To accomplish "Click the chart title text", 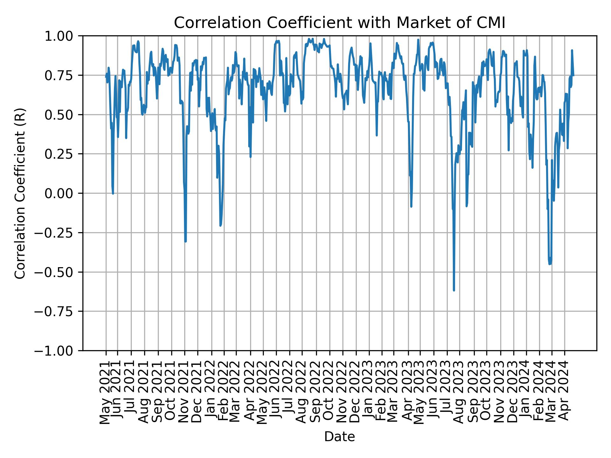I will point(339,23).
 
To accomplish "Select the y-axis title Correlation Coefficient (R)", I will point(20,193).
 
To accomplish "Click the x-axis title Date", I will point(339,437).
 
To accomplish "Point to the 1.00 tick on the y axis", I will point(63,36).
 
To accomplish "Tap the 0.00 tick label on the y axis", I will point(63,193).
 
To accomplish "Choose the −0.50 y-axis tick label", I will point(59,272).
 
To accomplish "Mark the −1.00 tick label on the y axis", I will point(59,350).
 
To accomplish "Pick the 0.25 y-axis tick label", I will point(63,154).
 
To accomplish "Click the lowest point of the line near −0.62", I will point(454,290).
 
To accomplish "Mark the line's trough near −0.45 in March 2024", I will point(550,264).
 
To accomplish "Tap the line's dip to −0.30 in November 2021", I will point(185,241).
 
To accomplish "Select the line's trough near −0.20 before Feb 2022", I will point(220,226).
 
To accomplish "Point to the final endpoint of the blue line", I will point(573,75).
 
